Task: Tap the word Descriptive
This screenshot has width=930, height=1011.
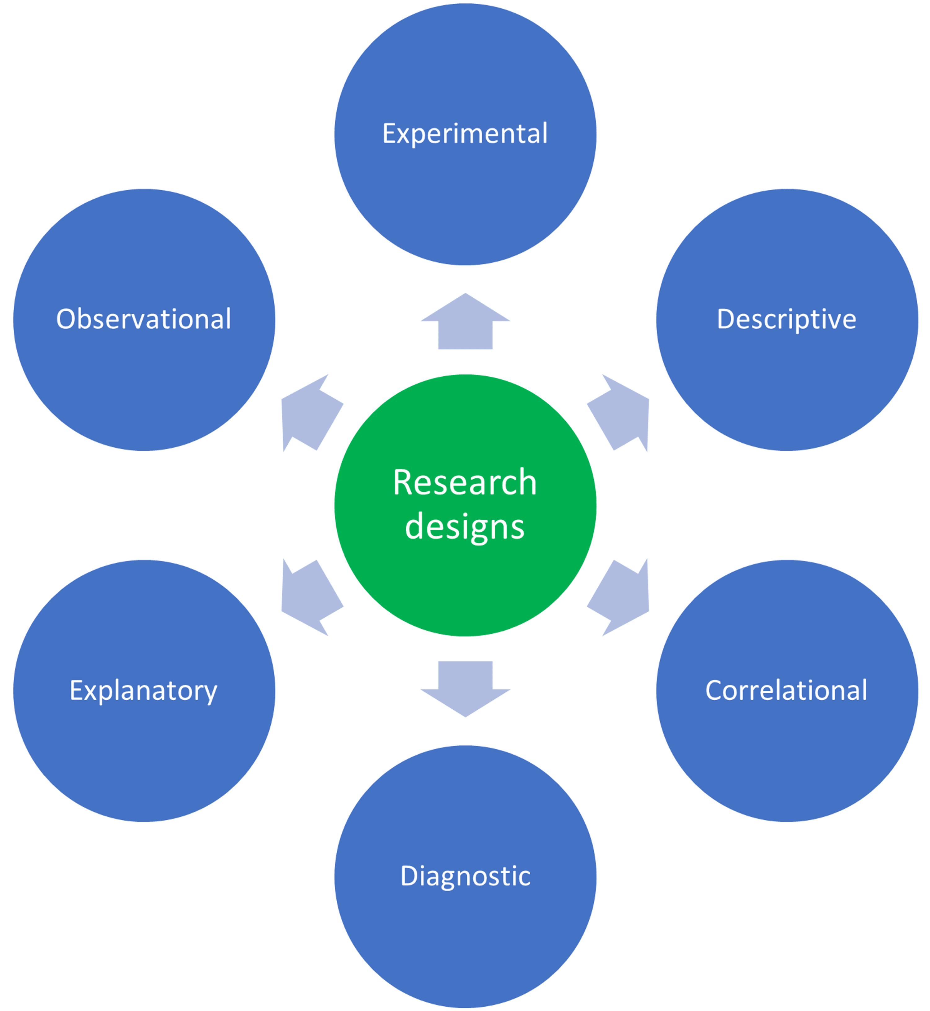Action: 786,320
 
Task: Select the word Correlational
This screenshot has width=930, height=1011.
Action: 786,690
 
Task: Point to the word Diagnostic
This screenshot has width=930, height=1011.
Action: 465,876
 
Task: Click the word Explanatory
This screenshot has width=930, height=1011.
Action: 144,690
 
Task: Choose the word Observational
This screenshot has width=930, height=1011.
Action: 144,320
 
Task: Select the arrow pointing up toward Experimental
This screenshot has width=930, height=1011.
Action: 465,322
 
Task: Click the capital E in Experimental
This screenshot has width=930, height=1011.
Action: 389,134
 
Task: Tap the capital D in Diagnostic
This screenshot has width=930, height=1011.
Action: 409,876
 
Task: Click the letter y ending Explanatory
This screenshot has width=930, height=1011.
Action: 211,694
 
